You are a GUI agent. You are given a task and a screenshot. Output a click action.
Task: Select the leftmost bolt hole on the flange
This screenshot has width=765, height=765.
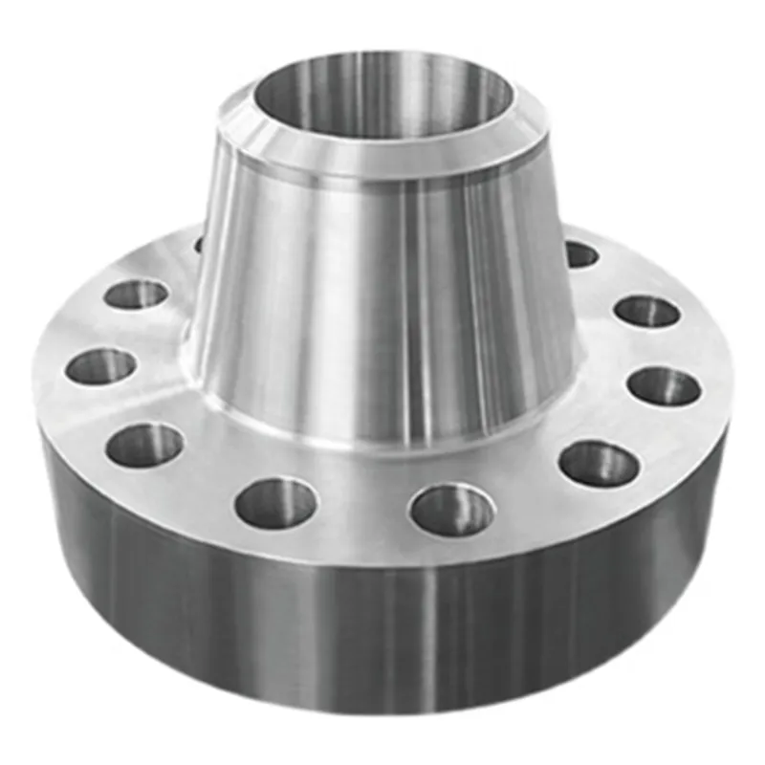pos(101,366)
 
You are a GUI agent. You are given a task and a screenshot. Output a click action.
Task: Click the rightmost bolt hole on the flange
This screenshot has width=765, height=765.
pos(665,385)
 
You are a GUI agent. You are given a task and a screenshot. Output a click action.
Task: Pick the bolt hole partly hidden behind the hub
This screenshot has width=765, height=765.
pos(199,245)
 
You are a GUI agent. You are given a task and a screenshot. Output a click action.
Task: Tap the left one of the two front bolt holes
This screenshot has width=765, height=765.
pos(276,504)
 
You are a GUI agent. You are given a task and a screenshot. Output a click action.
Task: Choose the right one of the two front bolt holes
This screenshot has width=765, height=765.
pos(452,509)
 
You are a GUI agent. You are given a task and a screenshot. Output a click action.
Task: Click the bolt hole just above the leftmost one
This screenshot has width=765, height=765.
pos(137,294)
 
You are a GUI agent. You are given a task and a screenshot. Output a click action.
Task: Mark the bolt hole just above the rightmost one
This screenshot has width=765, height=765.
pos(647,311)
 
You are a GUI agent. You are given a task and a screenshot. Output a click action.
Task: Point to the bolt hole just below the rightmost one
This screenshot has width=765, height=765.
pos(600,464)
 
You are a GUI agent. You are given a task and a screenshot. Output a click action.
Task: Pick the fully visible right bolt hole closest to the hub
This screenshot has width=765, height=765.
pos(580,254)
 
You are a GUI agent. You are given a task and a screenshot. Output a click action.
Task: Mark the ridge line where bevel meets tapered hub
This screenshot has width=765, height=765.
pos(382,175)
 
